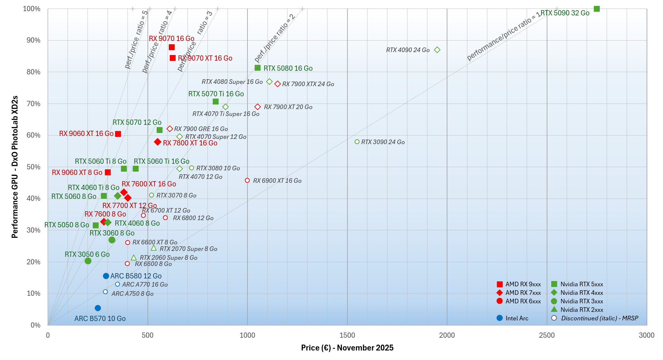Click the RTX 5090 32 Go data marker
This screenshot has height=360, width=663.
pyautogui.click(x=596, y=9)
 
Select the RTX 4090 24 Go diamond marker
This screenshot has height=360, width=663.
pyautogui.click(x=437, y=50)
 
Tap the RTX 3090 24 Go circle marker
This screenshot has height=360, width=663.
pyautogui.click(x=357, y=142)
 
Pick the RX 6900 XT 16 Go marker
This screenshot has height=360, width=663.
pyautogui.click(x=247, y=180)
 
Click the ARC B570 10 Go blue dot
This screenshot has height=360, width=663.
pyautogui.click(x=98, y=308)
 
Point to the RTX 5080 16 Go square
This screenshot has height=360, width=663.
pyautogui.click(x=258, y=68)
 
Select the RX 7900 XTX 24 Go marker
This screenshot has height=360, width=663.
pyautogui.click(x=278, y=84)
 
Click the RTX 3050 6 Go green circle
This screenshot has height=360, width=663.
pyautogui.click(x=88, y=261)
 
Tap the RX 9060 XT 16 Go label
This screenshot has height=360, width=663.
pyautogui.click(x=86, y=134)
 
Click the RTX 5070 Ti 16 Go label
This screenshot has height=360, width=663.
pyautogui.click(x=216, y=94)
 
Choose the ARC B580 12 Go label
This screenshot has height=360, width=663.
pyautogui.click(x=136, y=276)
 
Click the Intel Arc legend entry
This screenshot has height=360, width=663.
pyautogui.click(x=517, y=318)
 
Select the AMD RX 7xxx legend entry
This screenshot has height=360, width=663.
pyautogui.click(x=523, y=293)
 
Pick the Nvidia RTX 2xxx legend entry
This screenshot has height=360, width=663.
pyautogui.click(x=581, y=310)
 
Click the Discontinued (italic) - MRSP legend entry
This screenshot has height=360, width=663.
pyautogui.click(x=599, y=318)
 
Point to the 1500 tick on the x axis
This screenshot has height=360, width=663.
pyautogui.click(x=347, y=335)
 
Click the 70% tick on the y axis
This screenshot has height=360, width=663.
pyautogui.click(x=33, y=104)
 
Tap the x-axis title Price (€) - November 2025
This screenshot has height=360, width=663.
pyautogui.click(x=347, y=348)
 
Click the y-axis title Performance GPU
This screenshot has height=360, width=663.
pyautogui.click(x=15, y=167)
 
